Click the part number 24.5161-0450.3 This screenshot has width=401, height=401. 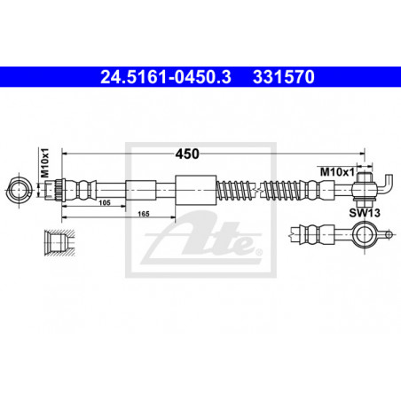point(166,77)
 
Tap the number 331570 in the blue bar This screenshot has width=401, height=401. point(284,77)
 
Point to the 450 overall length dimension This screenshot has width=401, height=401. point(187,153)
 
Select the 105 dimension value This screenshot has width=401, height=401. point(105,202)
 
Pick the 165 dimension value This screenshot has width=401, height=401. point(144,214)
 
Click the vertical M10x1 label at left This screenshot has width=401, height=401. point(45,163)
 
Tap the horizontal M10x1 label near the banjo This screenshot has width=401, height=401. point(337,171)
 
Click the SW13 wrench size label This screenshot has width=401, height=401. point(365,213)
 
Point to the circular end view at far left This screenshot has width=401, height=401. point(20,190)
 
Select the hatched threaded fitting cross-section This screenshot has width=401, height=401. point(59,242)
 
